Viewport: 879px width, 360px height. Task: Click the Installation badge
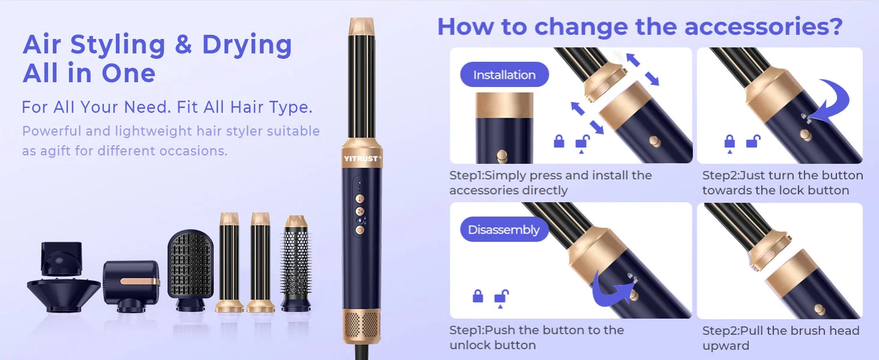tap(504, 75)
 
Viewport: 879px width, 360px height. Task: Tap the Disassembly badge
tap(504, 230)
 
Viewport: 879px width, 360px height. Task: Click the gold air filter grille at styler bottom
tap(361, 324)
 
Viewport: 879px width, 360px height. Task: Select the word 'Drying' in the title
tap(247, 45)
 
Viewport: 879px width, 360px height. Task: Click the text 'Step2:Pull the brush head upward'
tap(780, 337)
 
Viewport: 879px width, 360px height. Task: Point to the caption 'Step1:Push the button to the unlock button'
tap(537, 337)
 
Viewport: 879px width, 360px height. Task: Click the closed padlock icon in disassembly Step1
tap(478, 296)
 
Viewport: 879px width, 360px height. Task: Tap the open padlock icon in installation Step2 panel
tap(753, 142)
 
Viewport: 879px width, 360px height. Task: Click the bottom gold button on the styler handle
tap(360, 230)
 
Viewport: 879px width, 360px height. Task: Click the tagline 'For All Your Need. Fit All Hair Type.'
tap(167, 108)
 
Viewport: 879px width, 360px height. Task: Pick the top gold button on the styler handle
tap(360, 198)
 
